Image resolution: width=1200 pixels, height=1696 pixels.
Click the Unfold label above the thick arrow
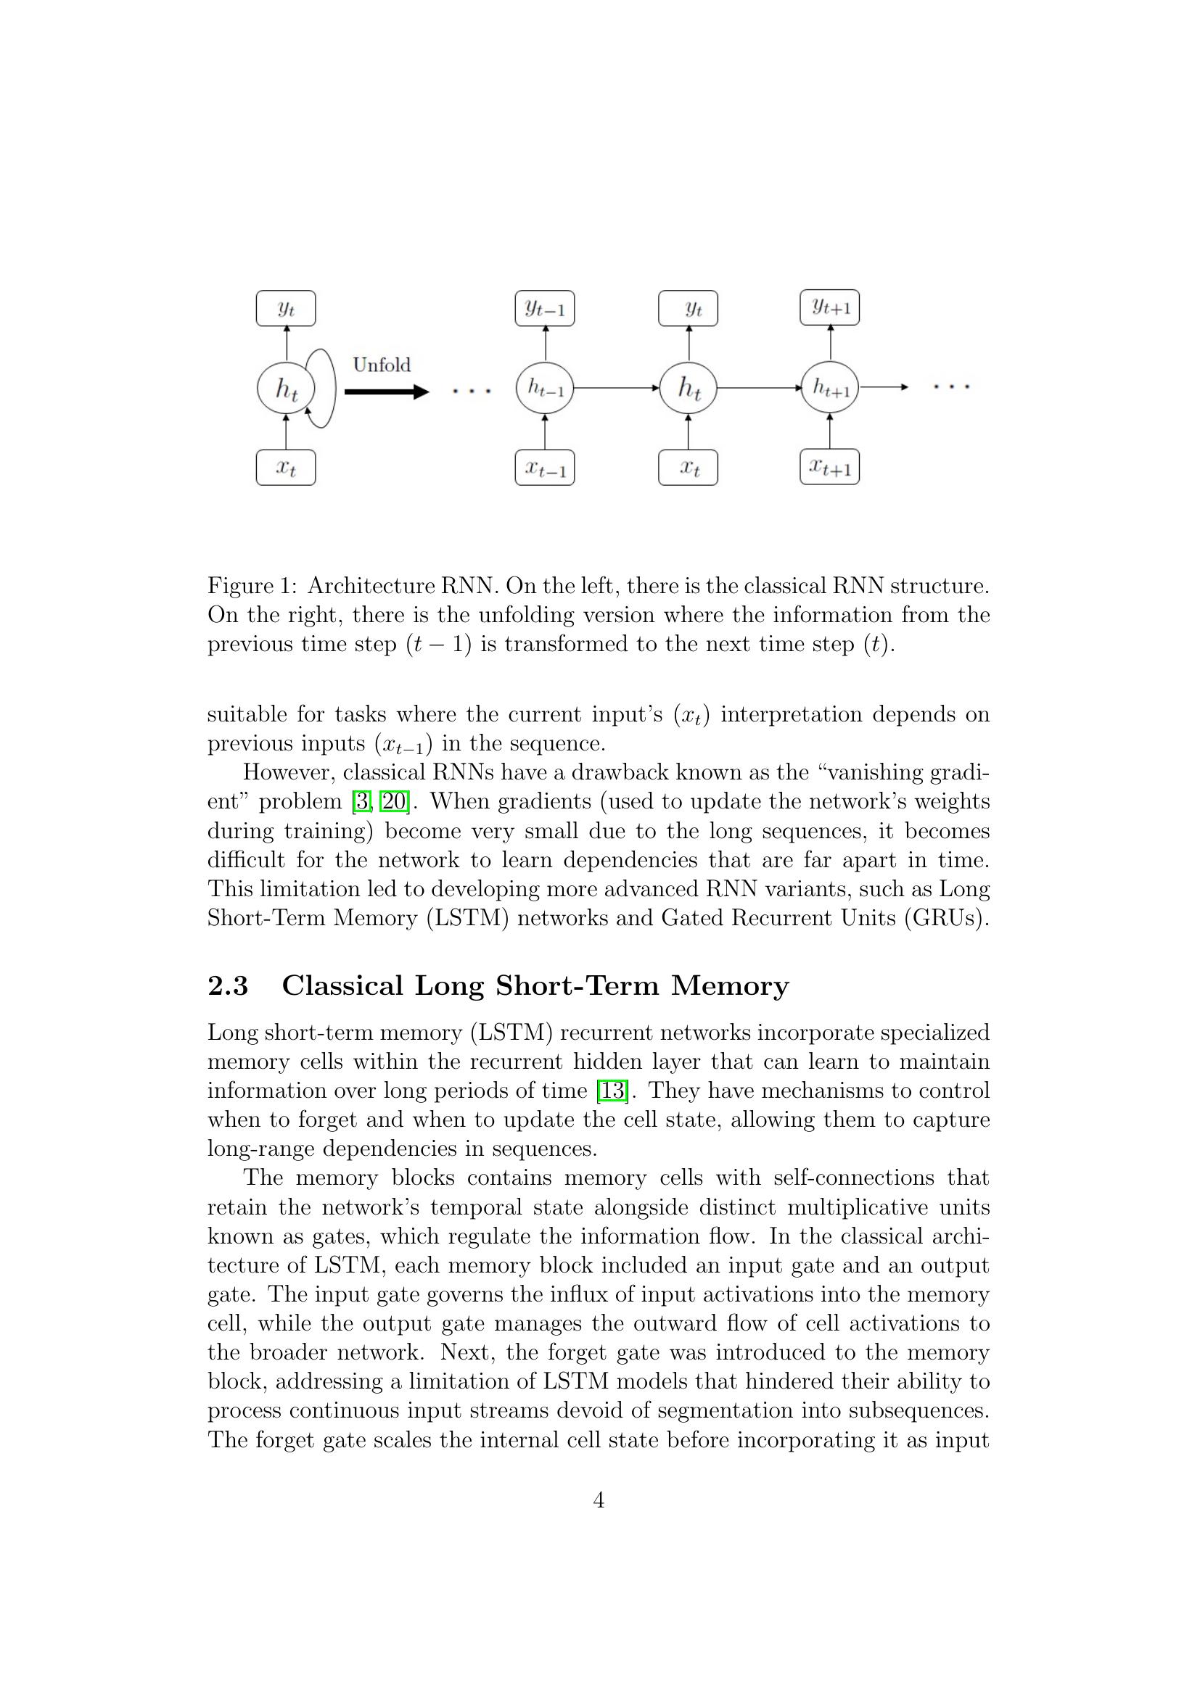382,365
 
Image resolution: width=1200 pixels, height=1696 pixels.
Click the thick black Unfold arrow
386,392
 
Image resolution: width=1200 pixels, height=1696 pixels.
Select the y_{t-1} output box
545,309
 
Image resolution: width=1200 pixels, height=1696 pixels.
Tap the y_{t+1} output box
829,307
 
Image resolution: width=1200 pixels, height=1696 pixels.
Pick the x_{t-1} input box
545,468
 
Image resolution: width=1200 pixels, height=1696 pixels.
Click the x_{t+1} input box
829,467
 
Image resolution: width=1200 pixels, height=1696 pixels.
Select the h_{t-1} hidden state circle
545,388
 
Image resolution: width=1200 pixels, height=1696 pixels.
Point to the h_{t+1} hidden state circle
830,387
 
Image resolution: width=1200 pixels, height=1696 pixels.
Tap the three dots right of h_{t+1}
951,386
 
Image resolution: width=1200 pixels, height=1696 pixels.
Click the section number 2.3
228,986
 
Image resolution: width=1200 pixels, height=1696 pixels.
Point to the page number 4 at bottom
599,1500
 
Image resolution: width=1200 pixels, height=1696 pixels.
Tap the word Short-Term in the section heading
576,986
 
